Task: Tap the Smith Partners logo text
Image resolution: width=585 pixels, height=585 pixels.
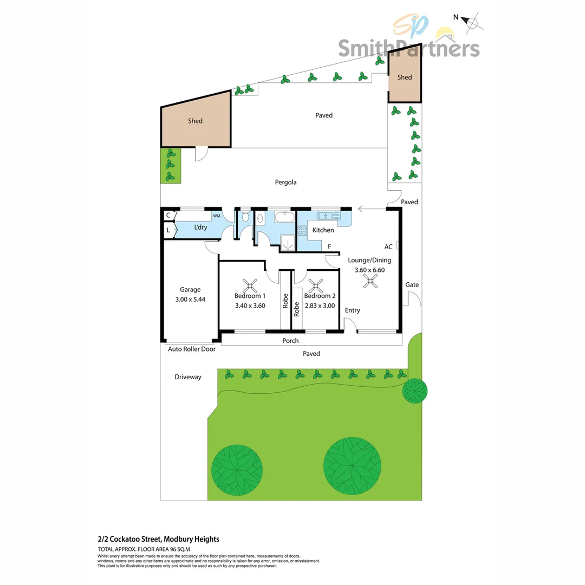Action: coord(409,48)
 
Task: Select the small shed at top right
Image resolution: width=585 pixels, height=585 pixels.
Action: coord(404,77)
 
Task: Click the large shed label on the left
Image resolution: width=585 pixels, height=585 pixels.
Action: coord(195,121)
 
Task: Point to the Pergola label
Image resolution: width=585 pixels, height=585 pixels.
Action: coord(285,183)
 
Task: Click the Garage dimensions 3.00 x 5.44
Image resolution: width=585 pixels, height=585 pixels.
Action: coord(190,299)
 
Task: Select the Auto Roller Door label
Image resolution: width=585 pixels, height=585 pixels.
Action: coord(192,349)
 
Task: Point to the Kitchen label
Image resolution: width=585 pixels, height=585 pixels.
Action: coord(323,230)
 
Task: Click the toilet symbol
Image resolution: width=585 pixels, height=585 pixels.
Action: coord(245,217)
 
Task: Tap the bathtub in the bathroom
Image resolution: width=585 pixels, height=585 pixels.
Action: coord(285,218)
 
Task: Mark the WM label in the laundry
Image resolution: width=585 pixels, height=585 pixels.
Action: coord(216,216)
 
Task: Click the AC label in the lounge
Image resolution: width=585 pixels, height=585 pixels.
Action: coord(388,247)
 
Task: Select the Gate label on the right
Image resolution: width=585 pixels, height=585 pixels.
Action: coord(412,285)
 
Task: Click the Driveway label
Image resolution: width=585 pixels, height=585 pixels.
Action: coord(188,377)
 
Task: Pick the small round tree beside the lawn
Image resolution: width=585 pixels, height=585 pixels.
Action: coord(415,391)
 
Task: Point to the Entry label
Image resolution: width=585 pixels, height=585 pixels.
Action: coord(352,310)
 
